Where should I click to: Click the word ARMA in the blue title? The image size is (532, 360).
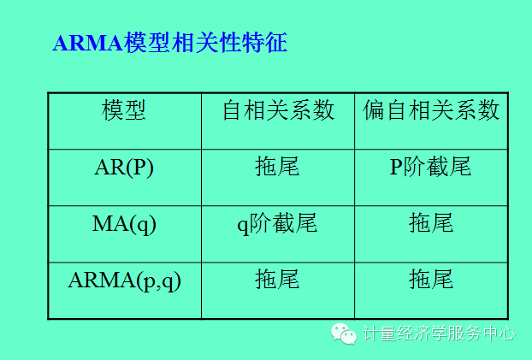pos(88,44)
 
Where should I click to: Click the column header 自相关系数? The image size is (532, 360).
pos(278,110)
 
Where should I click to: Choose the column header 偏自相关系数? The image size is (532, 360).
pos(431,110)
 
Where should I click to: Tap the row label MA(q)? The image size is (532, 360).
pos(124,223)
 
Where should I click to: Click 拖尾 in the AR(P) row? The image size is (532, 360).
pos(277,167)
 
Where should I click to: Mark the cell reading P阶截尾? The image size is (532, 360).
pos(431,167)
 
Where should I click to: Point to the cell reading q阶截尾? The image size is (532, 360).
pos(277,223)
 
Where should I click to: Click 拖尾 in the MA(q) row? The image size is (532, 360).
pos(431,223)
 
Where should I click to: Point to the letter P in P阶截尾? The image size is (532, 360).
pos(396,168)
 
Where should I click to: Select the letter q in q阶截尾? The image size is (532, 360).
pos(242,225)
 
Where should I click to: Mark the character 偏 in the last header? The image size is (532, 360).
pos(374,110)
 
